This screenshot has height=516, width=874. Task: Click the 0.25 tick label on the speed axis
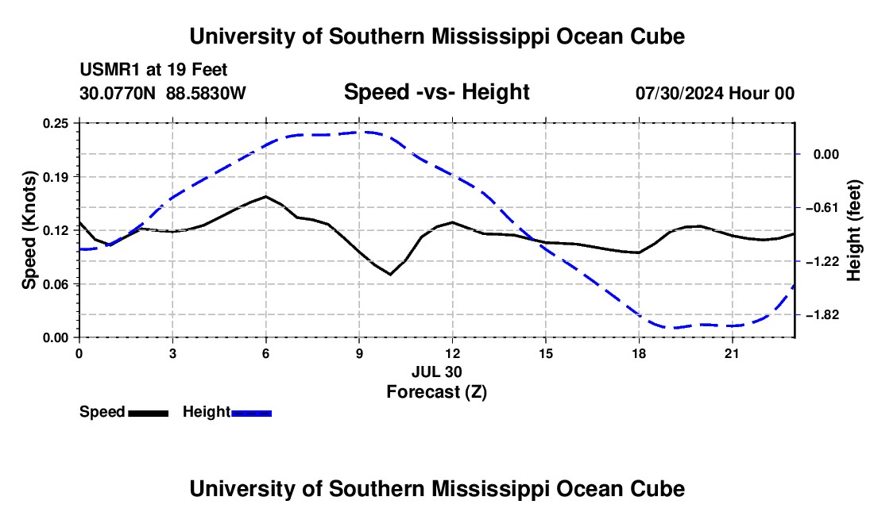[x=55, y=123]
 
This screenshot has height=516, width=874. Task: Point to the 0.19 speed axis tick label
[x=55, y=177]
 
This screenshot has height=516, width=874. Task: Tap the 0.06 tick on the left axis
[x=55, y=284]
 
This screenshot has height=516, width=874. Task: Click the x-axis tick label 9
[x=359, y=353]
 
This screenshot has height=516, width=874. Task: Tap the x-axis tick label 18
[x=639, y=353]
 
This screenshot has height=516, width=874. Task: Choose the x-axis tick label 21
[x=732, y=353]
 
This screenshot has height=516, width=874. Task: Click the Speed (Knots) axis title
[x=29, y=230]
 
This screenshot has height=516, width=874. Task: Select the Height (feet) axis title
[x=854, y=230]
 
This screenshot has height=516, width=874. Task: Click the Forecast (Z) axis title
[x=437, y=392]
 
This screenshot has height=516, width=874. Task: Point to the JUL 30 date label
[x=437, y=372]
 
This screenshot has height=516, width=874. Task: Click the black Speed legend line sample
[x=149, y=413]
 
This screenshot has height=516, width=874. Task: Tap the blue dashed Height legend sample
[x=251, y=413]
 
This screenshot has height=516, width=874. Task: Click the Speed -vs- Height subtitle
[x=437, y=92]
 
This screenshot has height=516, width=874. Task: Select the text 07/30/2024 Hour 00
[x=715, y=93]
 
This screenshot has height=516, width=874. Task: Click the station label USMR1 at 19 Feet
[x=153, y=70]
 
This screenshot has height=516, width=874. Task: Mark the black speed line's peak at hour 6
[x=266, y=197]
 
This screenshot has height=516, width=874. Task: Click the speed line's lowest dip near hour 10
[x=390, y=275]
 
